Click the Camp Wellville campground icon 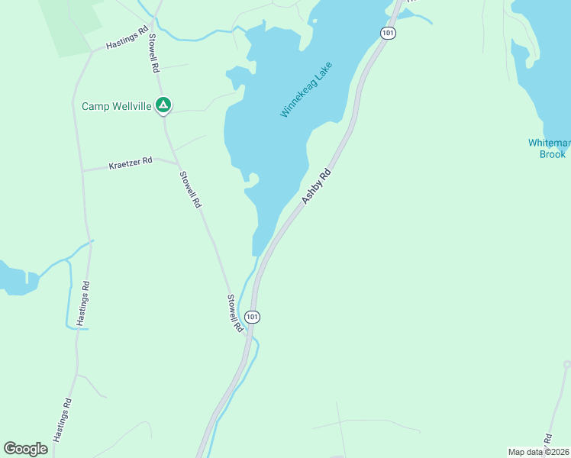[163, 105]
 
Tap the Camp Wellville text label [117, 106]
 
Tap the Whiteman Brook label [547, 148]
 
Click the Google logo [25, 449]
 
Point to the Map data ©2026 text [537, 452]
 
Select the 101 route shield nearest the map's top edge [388, 34]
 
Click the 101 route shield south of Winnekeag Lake [253, 316]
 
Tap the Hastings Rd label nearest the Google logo [63, 421]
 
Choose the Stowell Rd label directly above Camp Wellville [153, 53]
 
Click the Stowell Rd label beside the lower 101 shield [234, 313]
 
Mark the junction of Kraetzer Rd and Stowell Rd [178, 163]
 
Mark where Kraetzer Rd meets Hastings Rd [82, 169]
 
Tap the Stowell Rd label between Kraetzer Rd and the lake [190, 190]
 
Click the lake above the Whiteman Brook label [544, 69]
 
